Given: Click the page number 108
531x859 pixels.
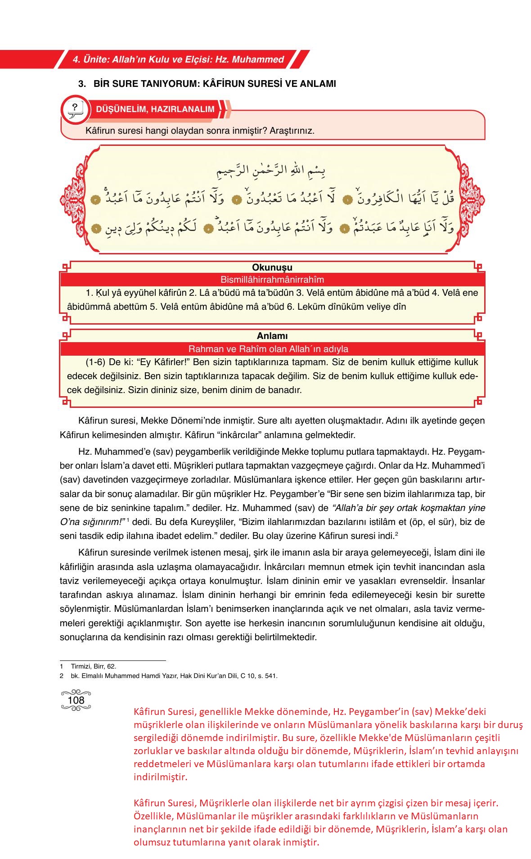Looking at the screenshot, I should pyautogui.click(x=76, y=700).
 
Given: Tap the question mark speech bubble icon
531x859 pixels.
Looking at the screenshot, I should pyautogui.click(x=75, y=109).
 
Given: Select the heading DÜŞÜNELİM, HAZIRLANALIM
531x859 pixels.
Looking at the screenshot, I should pyautogui.click(x=155, y=109).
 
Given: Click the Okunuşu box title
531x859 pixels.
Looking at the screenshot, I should pyautogui.click(x=272, y=267).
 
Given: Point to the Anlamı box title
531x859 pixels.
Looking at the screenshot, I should pyautogui.click(x=272, y=336).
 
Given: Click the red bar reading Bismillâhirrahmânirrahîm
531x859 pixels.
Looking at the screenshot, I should pyautogui.click(x=272, y=280).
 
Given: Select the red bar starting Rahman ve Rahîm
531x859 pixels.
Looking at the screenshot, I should pyautogui.click(x=268, y=349).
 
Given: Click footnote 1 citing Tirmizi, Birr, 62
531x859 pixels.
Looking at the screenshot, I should pyautogui.click(x=93, y=666).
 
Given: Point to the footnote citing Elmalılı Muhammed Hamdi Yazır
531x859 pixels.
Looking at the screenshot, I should pyautogui.click(x=174, y=676).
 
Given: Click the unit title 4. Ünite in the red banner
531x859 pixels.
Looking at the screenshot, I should pyautogui.click(x=178, y=59).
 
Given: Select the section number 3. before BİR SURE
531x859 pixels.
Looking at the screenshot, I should pyautogui.click(x=82, y=84).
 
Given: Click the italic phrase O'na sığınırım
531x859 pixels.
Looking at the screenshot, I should pyautogui.click(x=91, y=522).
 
